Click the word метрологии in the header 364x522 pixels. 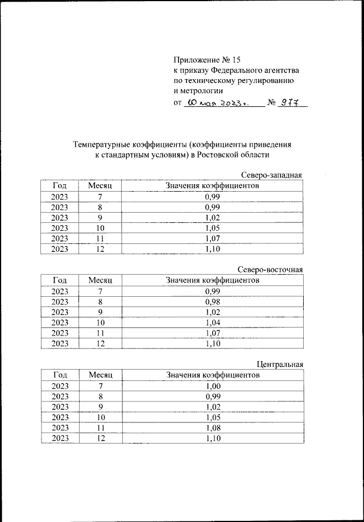[198, 91]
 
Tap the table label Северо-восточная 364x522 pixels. [270, 270]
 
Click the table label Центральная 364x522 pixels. [279, 364]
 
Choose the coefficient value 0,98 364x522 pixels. [212, 301]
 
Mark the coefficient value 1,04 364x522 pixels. [212, 322]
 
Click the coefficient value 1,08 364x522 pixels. [212, 428]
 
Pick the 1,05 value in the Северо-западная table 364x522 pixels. [212, 228]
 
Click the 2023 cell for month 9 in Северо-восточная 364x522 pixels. [60, 312]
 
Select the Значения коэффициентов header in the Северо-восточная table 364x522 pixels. [212, 280]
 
